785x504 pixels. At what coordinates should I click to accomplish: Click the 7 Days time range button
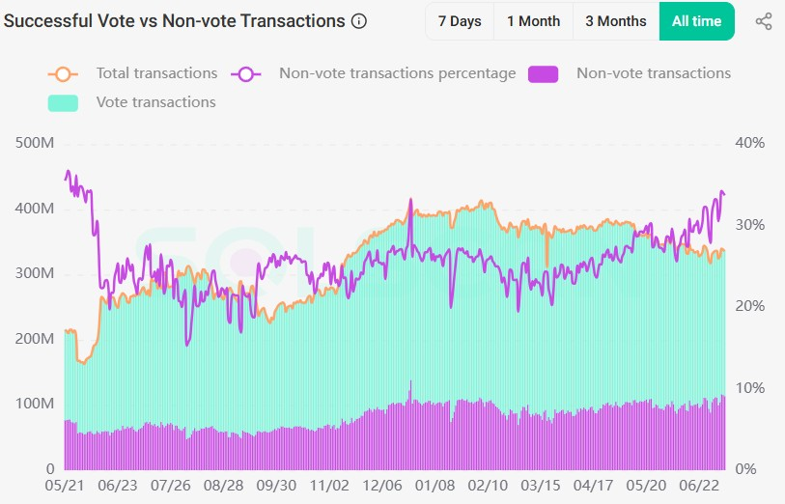(459, 21)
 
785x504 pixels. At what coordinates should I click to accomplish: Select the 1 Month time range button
(533, 21)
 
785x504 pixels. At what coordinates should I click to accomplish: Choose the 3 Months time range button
(615, 21)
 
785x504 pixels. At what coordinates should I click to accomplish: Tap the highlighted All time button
(696, 21)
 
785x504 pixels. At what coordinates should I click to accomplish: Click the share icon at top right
(763, 21)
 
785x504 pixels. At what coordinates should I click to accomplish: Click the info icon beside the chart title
(359, 21)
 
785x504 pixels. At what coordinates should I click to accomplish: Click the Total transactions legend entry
(155, 73)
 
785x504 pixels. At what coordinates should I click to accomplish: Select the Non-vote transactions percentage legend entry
(397, 73)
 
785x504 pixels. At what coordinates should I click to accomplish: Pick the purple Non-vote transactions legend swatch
(544, 74)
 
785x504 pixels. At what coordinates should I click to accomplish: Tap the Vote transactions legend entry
(155, 102)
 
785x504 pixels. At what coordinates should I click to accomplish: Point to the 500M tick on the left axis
(35, 143)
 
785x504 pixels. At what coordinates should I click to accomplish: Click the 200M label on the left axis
(35, 339)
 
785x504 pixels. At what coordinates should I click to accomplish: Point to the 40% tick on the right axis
(749, 143)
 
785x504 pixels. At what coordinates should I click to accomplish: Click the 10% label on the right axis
(749, 388)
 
